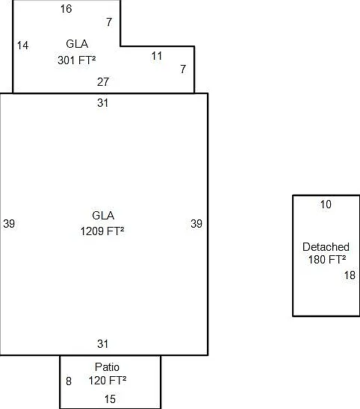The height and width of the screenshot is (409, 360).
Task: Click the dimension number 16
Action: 66,9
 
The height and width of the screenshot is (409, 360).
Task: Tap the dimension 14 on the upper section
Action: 22,46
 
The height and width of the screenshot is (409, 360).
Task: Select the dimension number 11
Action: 157,56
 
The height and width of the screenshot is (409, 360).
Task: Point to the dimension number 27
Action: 103,82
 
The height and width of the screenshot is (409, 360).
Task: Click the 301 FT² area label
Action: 77,60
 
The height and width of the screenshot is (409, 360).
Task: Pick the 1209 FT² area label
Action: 102,231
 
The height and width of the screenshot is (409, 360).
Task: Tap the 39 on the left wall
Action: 9,224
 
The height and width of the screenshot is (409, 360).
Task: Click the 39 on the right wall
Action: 196,224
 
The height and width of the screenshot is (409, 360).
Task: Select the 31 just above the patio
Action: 102,344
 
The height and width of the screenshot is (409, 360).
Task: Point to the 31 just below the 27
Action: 102,103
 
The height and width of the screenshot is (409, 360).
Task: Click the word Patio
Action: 107,367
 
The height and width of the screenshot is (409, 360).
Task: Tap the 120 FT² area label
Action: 108,381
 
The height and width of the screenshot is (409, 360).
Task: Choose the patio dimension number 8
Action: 69,381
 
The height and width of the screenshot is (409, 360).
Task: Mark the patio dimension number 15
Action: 110,399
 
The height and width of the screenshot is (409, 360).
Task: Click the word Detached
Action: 326,247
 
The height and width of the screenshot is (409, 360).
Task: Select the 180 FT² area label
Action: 327,260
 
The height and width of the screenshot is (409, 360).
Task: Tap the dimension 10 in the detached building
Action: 326,204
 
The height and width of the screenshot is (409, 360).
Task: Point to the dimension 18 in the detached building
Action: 350,275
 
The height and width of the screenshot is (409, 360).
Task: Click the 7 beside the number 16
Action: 109,22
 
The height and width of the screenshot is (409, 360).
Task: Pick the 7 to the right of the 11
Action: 183,69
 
